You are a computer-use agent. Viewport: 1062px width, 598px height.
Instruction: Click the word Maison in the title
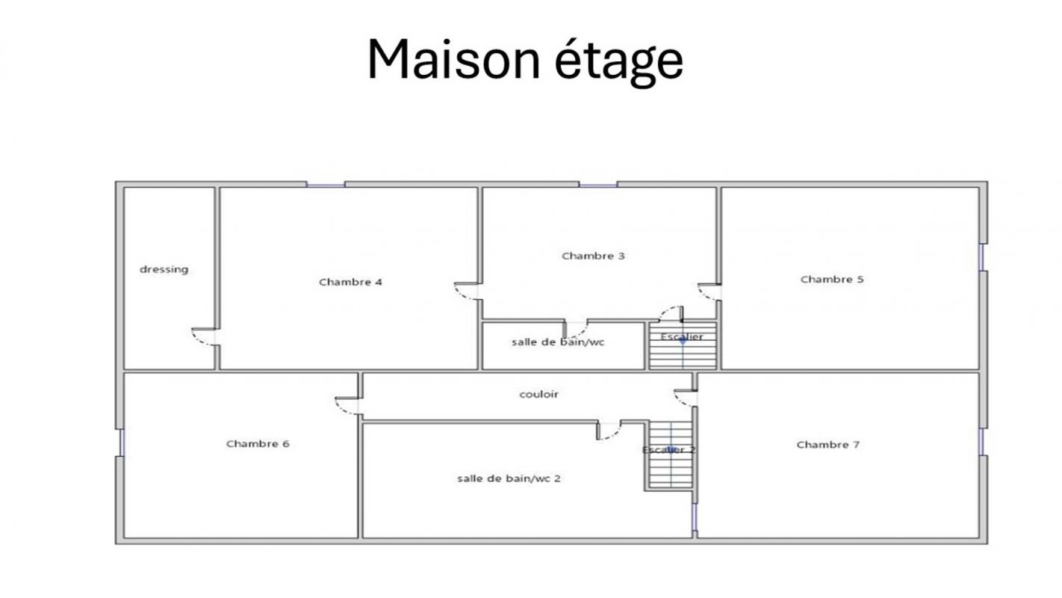click(x=454, y=60)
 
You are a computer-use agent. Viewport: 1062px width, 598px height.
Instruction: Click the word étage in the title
click(x=619, y=62)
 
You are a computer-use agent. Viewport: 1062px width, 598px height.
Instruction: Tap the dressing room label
click(x=164, y=270)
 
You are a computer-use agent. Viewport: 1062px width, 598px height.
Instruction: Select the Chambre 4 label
click(x=350, y=282)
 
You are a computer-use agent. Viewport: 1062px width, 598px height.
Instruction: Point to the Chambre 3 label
click(x=593, y=256)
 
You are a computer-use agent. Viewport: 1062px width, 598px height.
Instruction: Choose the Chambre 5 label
click(x=832, y=279)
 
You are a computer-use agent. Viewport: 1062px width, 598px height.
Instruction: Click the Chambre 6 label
click(x=258, y=444)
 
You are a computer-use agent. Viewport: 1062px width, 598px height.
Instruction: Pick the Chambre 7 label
click(x=827, y=445)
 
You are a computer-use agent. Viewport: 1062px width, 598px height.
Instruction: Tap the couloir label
click(x=539, y=395)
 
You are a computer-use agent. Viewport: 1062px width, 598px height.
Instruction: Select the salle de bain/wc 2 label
click(x=509, y=478)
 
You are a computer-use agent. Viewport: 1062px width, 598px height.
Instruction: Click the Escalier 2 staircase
click(x=671, y=454)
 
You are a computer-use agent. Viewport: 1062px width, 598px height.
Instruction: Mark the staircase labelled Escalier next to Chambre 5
click(x=683, y=345)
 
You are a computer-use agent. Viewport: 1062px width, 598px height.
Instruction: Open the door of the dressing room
click(x=205, y=336)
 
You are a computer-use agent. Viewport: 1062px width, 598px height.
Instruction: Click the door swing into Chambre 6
click(x=347, y=406)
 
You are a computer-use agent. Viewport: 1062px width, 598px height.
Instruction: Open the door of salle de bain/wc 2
click(x=609, y=430)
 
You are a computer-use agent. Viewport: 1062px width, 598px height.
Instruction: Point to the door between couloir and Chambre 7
click(x=686, y=398)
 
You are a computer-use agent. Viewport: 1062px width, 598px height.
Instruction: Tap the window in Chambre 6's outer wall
click(x=122, y=443)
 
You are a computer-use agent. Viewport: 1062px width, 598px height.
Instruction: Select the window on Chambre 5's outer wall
click(x=981, y=257)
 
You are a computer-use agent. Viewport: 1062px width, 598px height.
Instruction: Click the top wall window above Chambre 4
click(x=325, y=185)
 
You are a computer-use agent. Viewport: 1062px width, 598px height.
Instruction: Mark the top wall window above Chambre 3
click(x=598, y=185)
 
